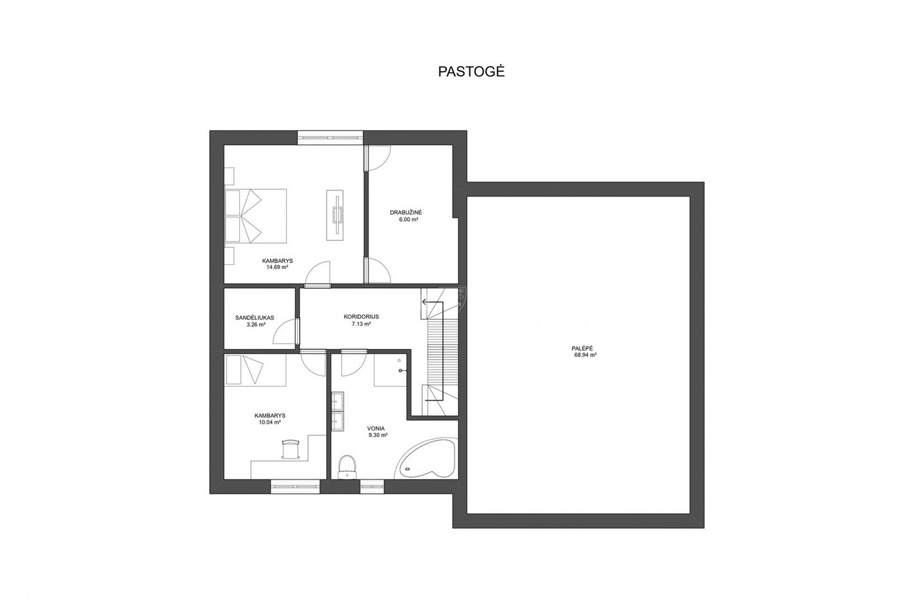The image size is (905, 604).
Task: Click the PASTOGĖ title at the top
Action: [x=471, y=72]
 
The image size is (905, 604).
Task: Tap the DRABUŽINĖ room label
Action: [x=406, y=212]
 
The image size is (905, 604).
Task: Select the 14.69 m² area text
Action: [x=277, y=267]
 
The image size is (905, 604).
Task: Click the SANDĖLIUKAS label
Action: [x=255, y=317]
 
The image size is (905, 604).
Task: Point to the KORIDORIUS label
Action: [x=361, y=317]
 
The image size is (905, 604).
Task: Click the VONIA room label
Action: [x=376, y=429]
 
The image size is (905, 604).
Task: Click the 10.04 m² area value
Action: [x=270, y=422]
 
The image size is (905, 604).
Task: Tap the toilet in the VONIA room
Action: [x=347, y=467]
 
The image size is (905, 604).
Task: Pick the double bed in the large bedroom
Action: [x=256, y=217]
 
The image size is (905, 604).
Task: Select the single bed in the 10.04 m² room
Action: [x=255, y=369]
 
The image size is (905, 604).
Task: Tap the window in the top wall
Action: [x=330, y=137]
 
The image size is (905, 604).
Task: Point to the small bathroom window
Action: [x=372, y=486]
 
